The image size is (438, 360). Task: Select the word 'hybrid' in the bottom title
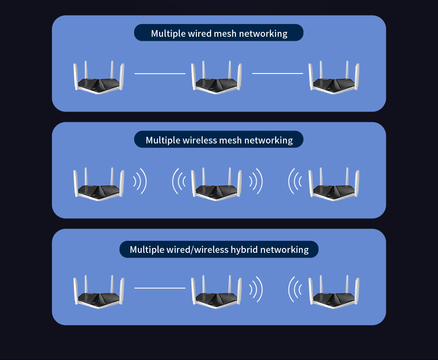tap(244, 250)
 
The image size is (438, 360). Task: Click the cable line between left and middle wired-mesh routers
tap(160, 74)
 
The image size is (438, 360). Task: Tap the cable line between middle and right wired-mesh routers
tap(277, 74)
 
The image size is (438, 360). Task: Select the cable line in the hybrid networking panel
tap(160, 288)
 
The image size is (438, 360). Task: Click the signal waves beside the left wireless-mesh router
tap(140, 181)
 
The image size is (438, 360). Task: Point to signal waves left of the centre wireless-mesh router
tap(179, 181)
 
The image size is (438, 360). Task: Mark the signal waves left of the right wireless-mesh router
tap(295, 181)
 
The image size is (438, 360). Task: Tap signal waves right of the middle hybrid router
tap(256, 290)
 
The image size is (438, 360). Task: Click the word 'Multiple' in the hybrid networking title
tap(147, 250)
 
